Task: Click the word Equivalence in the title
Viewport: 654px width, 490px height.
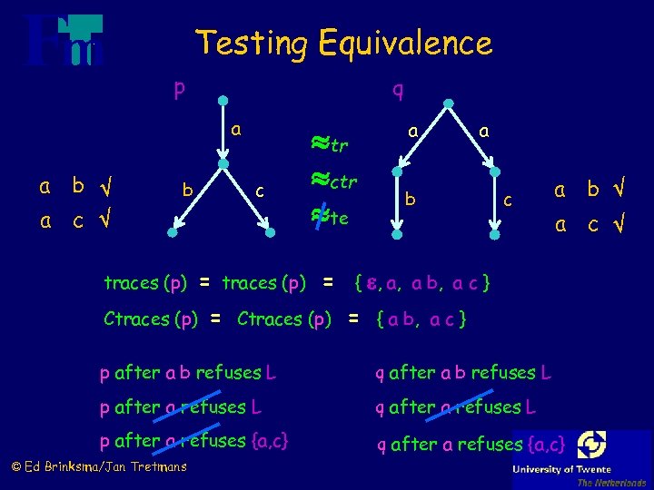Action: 405,43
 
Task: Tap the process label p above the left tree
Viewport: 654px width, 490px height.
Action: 180,89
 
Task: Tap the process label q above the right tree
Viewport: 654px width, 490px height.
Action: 398,89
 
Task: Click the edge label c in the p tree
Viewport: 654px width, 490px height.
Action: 259,191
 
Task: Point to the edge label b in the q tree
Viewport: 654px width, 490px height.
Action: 411,197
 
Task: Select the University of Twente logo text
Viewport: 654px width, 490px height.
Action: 581,469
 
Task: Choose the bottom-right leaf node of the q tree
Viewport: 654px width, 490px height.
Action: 494,233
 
